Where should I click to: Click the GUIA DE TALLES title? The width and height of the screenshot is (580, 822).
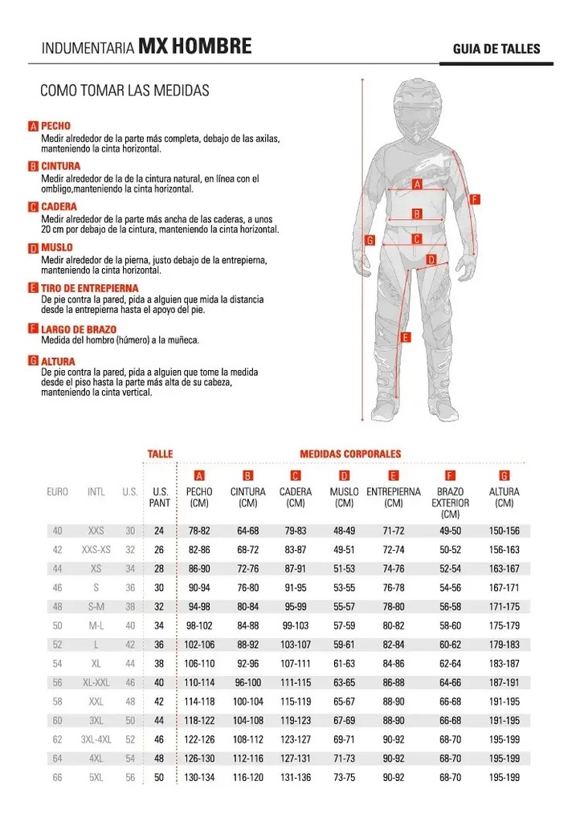(496, 49)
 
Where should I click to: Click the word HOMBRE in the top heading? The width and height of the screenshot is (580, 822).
(211, 46)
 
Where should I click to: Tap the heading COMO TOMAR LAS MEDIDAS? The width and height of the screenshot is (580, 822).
(125, 90)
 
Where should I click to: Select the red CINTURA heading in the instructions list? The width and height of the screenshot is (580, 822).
(61, 166)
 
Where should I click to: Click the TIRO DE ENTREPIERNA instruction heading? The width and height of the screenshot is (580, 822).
(90, 288)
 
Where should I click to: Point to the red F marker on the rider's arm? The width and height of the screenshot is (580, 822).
(475, 199)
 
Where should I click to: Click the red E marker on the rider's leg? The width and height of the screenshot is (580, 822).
(405, 337)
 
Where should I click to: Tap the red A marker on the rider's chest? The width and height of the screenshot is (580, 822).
(417, 184)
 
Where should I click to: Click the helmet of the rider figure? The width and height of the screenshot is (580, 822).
(415, 110)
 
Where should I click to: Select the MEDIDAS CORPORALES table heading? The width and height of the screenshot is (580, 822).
(350, 454)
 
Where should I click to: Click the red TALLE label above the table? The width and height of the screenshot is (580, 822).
(160, 454)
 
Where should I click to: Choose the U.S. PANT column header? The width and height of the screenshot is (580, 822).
(159, 498)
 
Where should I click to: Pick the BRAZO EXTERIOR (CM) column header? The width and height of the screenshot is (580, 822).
(450, 503)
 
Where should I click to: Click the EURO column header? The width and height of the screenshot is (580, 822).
(57, 492)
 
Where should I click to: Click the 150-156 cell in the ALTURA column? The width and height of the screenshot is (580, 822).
(504, 531)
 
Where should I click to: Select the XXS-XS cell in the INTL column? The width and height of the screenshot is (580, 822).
(96, 549)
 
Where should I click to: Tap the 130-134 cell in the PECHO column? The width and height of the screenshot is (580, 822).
(199, 777)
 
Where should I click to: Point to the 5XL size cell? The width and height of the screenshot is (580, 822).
(96, 777)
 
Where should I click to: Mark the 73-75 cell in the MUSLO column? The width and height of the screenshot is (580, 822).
(344, 777)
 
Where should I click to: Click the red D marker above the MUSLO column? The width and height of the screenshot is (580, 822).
(344, 475)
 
